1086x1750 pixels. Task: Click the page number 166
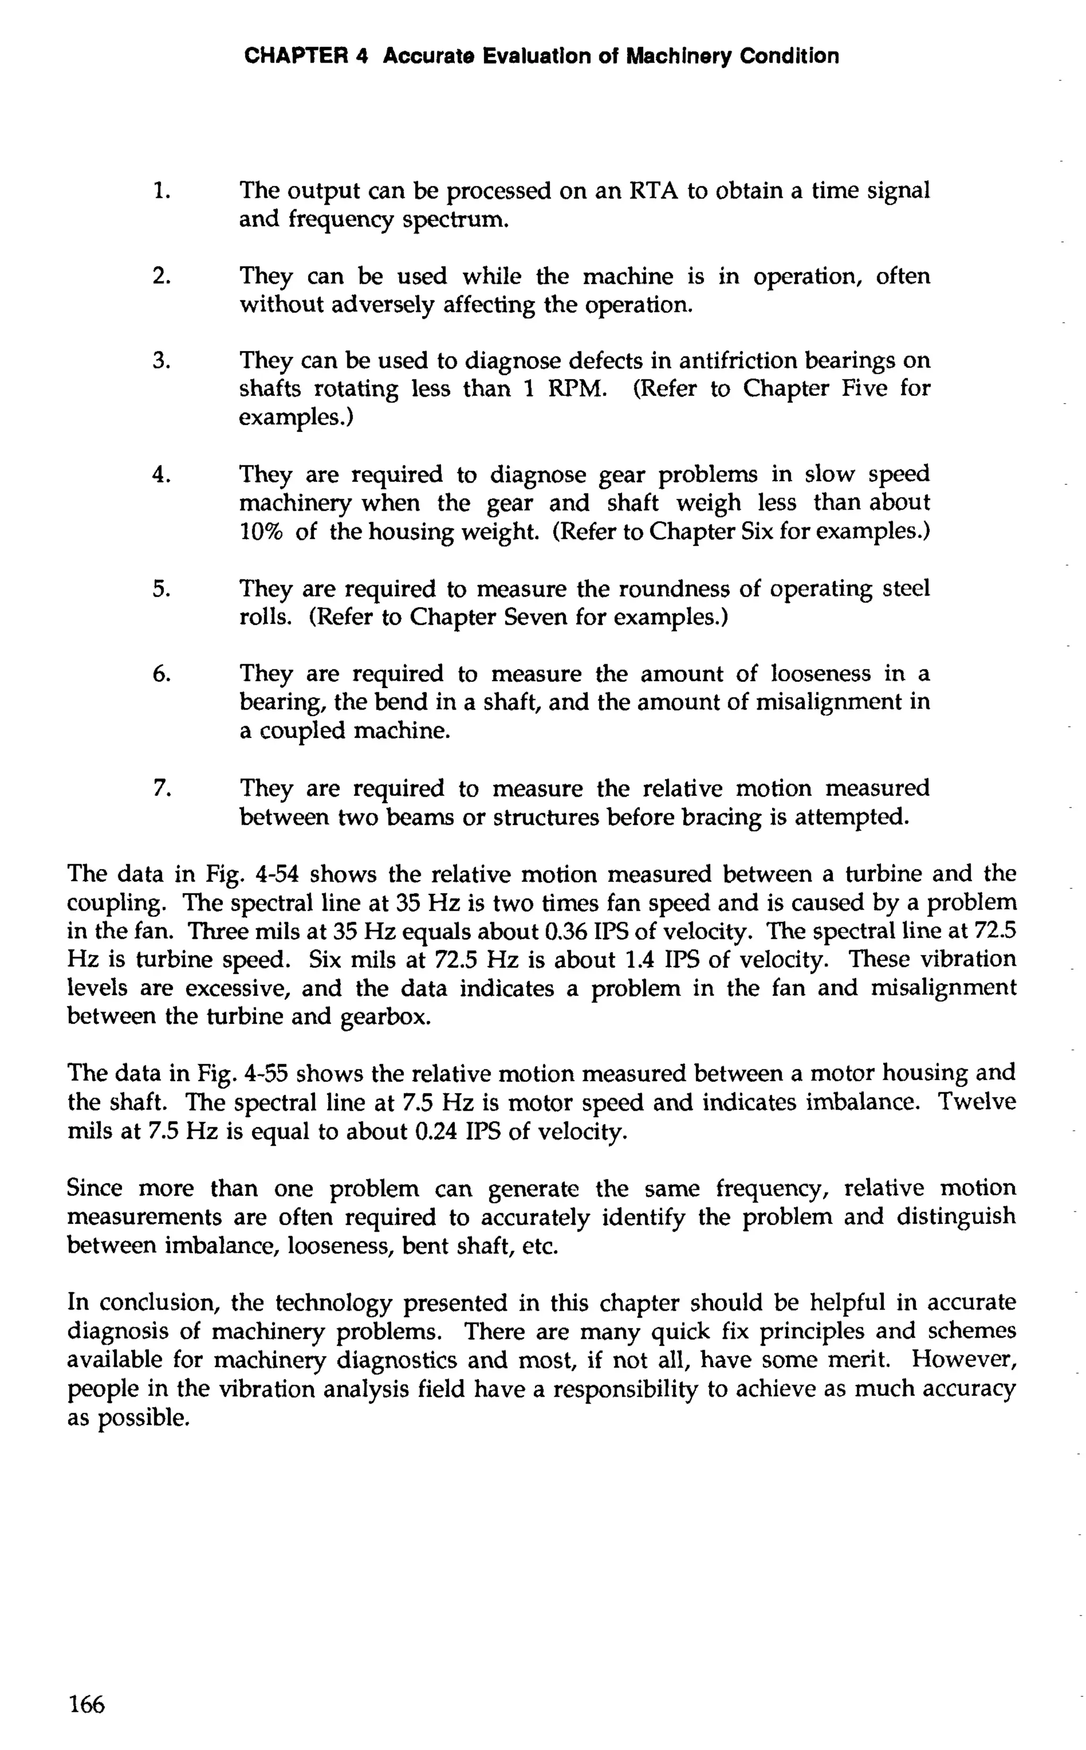[x=86, y=1703]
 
